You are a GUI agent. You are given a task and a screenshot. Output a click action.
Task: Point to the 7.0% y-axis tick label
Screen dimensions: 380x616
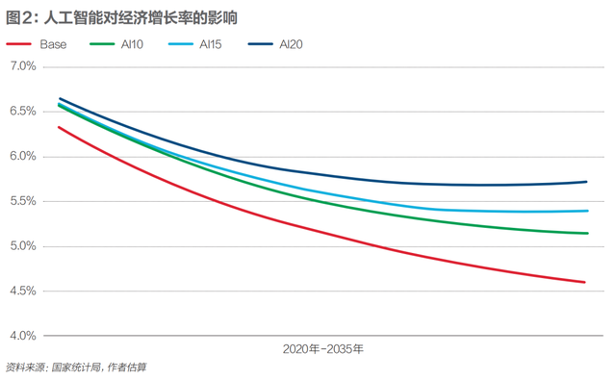[22, 66]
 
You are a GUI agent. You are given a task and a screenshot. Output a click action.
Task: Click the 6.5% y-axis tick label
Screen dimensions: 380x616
[22, 112]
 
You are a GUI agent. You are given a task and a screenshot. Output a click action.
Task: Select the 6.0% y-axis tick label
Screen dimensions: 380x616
[22, 156]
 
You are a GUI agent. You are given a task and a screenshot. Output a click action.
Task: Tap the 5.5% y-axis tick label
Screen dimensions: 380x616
[22, 201]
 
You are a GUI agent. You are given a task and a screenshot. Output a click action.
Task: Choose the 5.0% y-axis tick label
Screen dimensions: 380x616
[22, 246]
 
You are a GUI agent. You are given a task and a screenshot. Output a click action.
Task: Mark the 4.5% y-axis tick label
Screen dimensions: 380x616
[22, 291]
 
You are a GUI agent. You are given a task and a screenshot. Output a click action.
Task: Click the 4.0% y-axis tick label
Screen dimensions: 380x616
[22, 336]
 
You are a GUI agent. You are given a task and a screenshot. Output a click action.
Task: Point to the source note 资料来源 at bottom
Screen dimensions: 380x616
[77, 367]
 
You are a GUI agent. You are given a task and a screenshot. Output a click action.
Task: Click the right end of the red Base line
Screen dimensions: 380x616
[586, 282]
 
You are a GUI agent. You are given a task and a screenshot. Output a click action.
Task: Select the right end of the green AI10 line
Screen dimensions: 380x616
[586, 233]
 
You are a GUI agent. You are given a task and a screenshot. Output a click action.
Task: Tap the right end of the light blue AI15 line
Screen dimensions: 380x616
[586, 211]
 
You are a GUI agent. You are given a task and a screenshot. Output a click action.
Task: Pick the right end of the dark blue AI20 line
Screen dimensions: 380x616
[586, 182]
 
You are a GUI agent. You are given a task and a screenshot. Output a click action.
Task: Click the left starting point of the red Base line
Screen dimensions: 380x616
[59, 127]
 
